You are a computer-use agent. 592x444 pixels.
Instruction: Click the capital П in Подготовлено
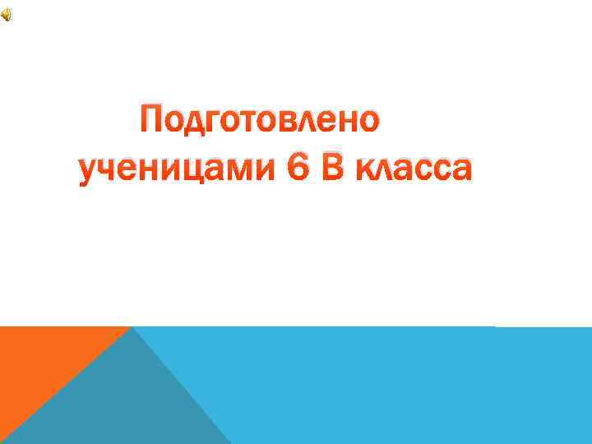pyautogui.click(x=154, y=121)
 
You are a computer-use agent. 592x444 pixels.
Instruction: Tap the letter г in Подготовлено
pyautogui.click(x=216, y=123)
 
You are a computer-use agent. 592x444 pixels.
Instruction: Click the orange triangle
pyautogui.click(x=41, y=362)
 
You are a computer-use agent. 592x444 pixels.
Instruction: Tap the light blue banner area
pyautogui.click(x=395, y=386)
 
